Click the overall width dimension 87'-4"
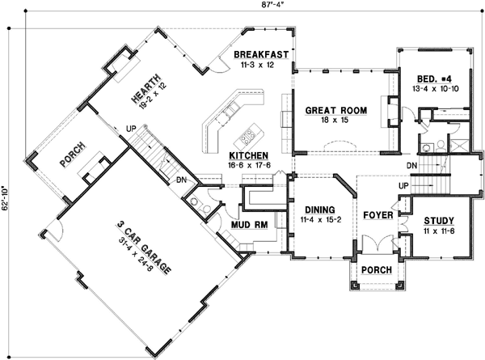click(242, 6)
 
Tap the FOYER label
click(377, 216)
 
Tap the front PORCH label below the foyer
click(377, 269)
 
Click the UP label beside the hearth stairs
click(129, 129)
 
